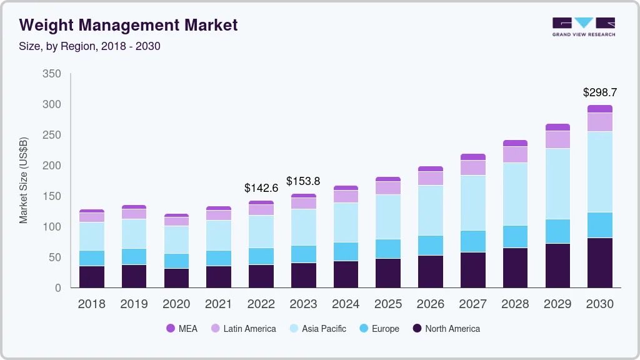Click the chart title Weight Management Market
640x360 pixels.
[x=128, y=26]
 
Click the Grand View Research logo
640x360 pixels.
[x=583, y=26]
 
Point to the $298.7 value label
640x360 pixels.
[x=599, y=92]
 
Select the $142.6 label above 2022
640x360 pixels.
[x=261, y=188]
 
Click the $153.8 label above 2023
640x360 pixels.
[x=303, y=181]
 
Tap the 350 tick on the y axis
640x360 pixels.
[x=51, y=74]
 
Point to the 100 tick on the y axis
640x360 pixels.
[x=51, y=227]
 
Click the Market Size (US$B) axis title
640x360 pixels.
[x=24, y=180]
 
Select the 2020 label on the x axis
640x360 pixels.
[x=176, y=304]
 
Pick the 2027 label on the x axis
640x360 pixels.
[x=472, y=304]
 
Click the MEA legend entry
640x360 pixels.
[x=182, y=329]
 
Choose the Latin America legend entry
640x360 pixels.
[x=242, y=329]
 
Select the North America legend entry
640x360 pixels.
[x=446, y=329]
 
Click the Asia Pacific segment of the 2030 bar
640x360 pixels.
[x=599, y=172]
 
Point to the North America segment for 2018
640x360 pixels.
[x=92, y=277]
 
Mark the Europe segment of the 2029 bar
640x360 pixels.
[x=557, y=231]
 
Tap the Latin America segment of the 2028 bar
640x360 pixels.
[x=515, y=154]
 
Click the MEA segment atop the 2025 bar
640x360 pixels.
[x=388, y=179]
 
